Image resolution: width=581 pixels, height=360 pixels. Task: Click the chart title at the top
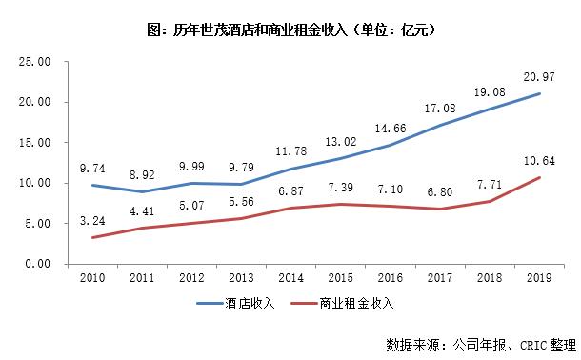290,30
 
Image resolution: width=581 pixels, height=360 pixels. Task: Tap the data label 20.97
538,76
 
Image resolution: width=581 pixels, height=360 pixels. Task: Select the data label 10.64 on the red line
538,159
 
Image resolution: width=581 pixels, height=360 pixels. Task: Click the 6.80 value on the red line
439,189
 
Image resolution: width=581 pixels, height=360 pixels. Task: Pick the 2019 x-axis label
539,277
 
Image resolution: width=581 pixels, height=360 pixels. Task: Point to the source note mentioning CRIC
482,342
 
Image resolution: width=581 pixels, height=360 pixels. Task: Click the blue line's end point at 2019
539,94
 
